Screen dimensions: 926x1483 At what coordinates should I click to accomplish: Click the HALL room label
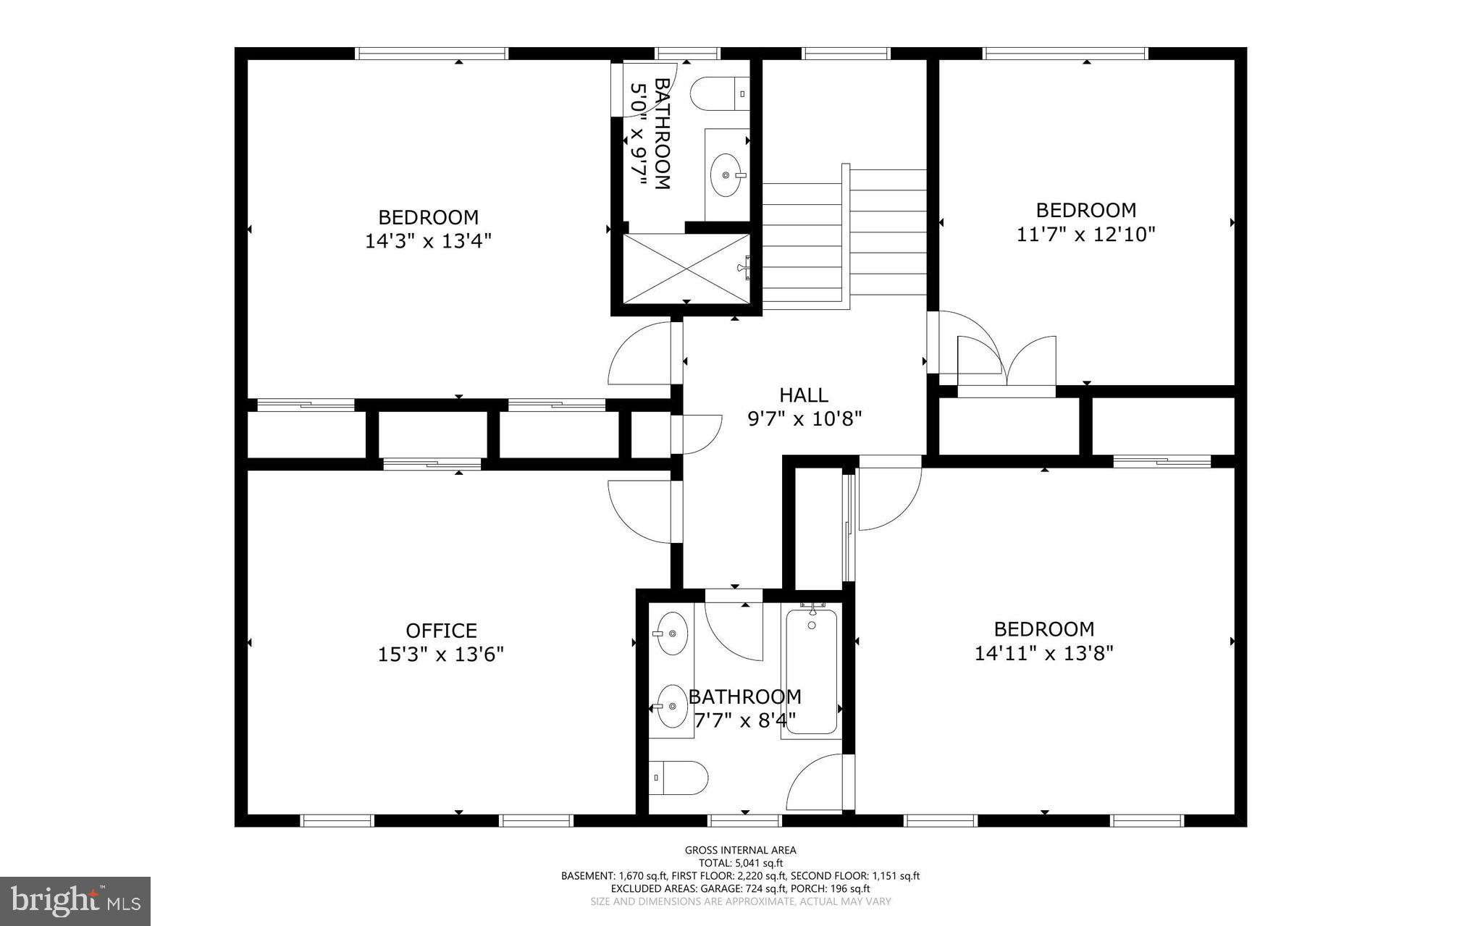click(x=803, y=395)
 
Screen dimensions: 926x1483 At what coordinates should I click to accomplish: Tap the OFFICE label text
click(x=441, y=631)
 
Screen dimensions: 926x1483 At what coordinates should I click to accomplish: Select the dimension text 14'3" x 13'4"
click(x=428, y=241)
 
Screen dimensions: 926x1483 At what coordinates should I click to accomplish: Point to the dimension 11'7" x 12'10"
click(x=1085, y=235)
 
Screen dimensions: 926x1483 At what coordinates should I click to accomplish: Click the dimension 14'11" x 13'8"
click(x=1043, y=653)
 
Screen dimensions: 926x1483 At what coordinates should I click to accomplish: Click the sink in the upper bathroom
click(x=726, y=174)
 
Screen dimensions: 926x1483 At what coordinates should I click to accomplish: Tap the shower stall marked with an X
click(x=686, y=268)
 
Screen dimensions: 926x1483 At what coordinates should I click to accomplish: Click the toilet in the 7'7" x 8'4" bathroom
click(x=679, y=778)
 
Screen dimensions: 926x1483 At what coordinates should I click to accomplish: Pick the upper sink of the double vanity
click(x=671, y=634)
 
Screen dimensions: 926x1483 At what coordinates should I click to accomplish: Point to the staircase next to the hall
click(x=844, y=239)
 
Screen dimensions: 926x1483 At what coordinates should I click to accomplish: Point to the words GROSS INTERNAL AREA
click(x=740, y=851)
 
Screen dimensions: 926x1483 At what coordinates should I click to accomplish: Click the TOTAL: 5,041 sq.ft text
click(x=740, y=863)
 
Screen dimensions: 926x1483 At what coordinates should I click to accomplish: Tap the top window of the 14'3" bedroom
click(x=432, y=53)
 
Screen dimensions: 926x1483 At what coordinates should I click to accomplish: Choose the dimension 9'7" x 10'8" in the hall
click(x=804, y=419)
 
